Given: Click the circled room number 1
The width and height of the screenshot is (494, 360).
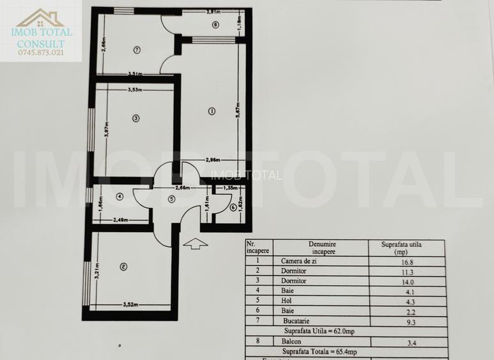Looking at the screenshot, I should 212,111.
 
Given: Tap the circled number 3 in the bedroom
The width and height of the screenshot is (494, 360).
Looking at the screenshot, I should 135,118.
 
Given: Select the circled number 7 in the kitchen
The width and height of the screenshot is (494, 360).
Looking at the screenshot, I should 136,49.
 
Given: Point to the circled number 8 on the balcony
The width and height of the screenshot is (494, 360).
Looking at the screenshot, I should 215,26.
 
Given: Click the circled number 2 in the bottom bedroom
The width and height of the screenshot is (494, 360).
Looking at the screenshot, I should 123,267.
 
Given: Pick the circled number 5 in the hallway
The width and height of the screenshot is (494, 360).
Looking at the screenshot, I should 171,199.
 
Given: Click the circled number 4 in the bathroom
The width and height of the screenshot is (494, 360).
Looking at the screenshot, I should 120,196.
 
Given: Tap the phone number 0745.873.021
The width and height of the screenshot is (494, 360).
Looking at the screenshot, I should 41,52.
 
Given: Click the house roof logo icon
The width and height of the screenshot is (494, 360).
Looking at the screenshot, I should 40,17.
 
